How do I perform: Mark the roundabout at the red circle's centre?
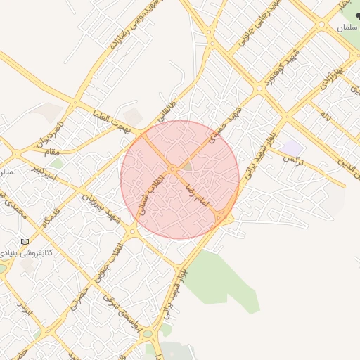[172, 169]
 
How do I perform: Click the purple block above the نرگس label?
[293, 148]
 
